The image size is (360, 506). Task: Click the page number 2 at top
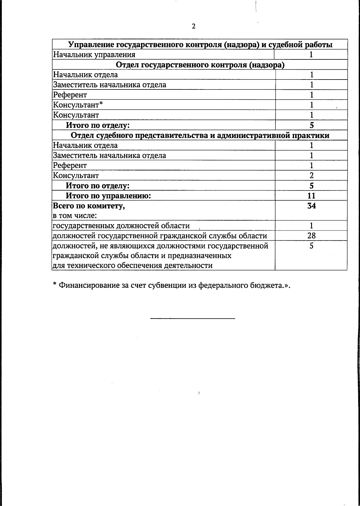(x=193, y=26)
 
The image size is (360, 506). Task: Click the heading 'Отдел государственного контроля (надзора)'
(x=200, y=65)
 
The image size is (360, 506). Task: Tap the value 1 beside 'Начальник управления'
(x=311, y=55)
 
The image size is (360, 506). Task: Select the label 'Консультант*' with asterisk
(x=78, y=105)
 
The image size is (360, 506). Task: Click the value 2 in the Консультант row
(x=311, y=176)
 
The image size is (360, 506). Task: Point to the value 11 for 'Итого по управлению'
(x=311, y=196)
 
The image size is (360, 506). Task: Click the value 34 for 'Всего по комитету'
(x=311, y=206)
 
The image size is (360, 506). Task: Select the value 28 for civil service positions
(x=311, y=236)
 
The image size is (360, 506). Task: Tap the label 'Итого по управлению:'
(x=108, y=196)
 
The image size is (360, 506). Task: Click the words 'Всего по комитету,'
(x=89, y=206)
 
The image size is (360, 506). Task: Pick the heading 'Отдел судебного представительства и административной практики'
(x=200, y=135)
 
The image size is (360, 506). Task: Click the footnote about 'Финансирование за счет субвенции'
(x=172, y=285)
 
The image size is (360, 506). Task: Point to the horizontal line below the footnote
(x=193, y=318)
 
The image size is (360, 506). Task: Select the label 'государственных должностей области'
(x=121, y=226)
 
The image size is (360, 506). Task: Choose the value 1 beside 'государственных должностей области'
(x=311, y=226)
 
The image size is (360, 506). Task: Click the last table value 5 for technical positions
(x=311, y=246)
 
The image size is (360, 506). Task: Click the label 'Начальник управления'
(x=94, y=55)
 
